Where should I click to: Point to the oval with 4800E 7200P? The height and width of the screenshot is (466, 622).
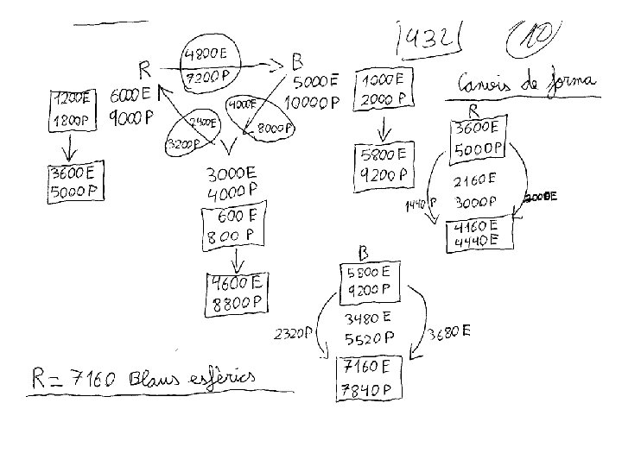coord(206,65)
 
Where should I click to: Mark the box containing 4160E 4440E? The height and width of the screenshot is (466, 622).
coord(478,234)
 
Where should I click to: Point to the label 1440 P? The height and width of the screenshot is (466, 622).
coord(419,204)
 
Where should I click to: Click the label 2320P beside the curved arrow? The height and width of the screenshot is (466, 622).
coord(294,333)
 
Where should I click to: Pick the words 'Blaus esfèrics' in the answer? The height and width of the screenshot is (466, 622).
coord(193,377)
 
